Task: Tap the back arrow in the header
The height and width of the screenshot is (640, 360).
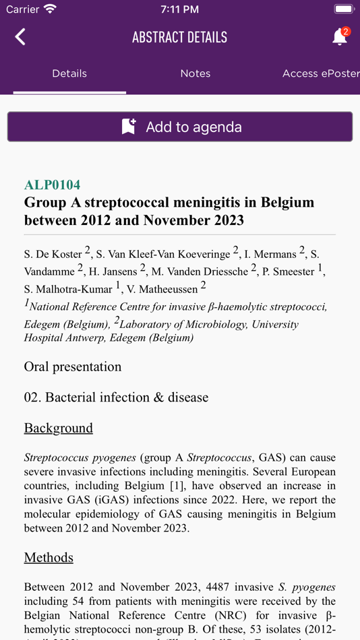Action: (x=20, y=37)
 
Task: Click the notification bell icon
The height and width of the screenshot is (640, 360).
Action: (x=340, y=37)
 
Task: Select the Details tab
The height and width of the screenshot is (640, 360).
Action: (x=69, y=73)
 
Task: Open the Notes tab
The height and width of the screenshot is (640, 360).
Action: (x=196, y=73)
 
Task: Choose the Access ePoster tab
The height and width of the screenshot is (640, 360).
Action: (x=320, y=73)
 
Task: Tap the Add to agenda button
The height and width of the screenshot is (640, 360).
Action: (x=180, y=127)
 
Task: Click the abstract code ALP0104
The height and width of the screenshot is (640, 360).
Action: (x=52, y=185)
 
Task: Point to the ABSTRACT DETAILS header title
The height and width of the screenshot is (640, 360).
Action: (x=179, y=37)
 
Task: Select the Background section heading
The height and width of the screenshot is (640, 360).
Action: (x=59, y=428)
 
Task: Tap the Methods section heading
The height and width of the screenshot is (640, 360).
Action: (x=49, y=557)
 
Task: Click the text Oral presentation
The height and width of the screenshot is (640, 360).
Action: (x=73, y=366)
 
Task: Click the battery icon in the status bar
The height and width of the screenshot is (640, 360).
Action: (x=344, y=9)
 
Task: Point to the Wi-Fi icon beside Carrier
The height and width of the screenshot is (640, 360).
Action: (x=50, y=9)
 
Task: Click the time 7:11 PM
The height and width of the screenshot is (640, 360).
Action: (x=180, y=9)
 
